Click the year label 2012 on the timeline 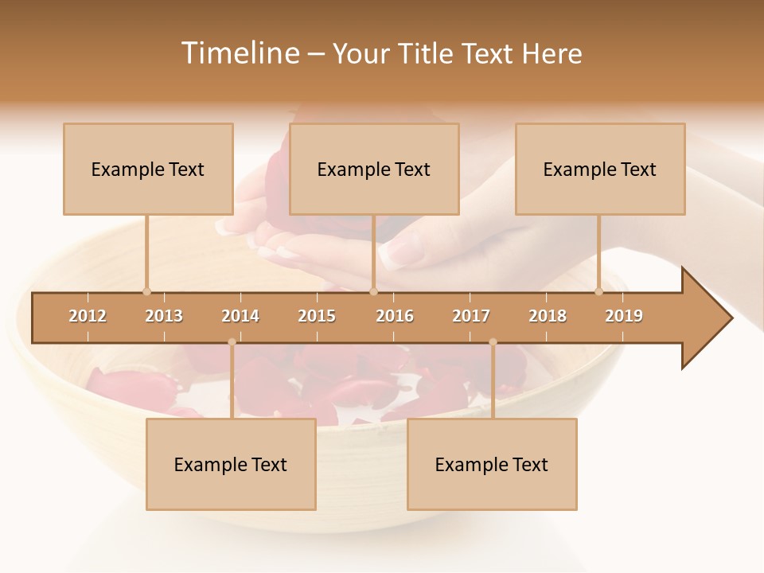88,316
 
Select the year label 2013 164,316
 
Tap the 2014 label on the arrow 240,316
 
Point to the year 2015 317,316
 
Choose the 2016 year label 395,316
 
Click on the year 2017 471,316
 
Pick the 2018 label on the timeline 548,316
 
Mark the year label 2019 624,316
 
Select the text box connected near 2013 148,169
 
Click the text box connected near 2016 374,169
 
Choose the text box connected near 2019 600,169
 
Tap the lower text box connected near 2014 231,464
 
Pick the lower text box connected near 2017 492,464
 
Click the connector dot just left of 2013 146,291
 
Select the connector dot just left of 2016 373,291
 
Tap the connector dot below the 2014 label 232,342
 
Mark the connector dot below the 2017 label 493,342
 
